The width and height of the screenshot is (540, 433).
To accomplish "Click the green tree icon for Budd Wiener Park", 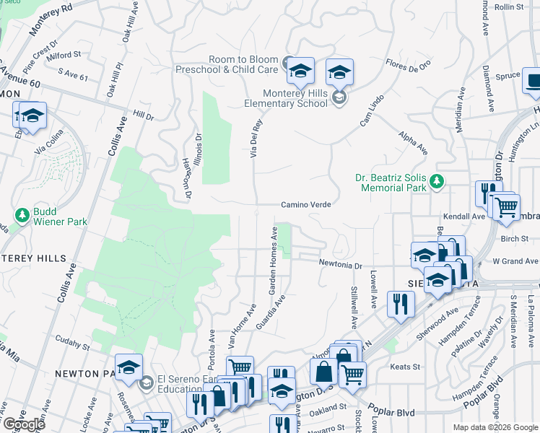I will [23, 215].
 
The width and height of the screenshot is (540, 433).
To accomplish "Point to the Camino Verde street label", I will [306, 205].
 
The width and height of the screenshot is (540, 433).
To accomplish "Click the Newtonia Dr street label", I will [341, 265].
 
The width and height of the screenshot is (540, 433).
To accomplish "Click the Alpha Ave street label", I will [413, 143].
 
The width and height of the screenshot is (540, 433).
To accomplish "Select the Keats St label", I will [400, 367].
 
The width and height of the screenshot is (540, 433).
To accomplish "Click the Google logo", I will [24, 424].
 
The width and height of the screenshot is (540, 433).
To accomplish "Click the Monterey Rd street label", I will [51, 20].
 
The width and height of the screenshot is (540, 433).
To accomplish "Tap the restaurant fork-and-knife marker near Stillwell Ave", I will [396, 304].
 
